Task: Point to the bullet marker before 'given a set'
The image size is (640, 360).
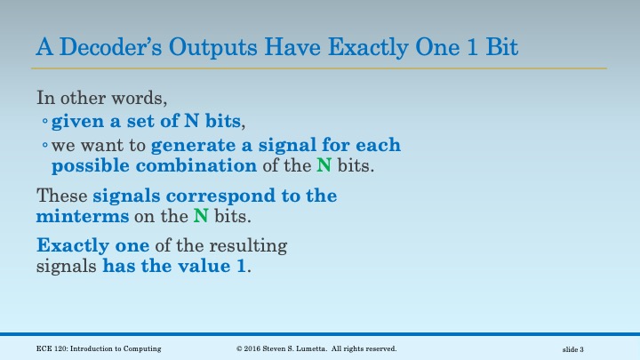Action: click(x=44, y=122)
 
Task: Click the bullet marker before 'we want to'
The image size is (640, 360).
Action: click(x=44, y=146)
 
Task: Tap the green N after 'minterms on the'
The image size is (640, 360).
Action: click(x=201, y=216)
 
